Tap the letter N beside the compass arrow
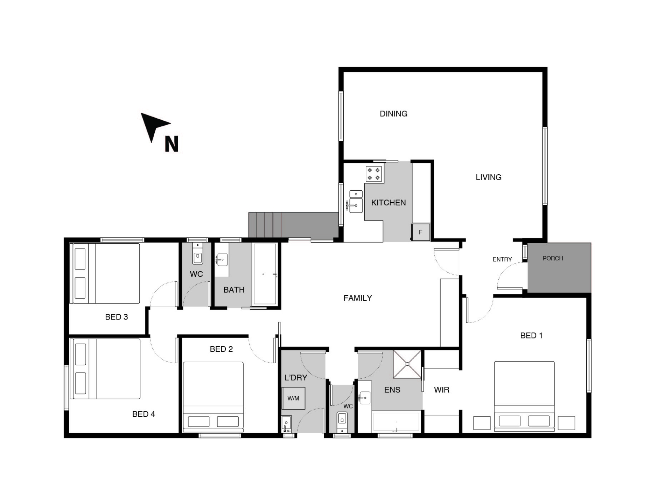171,144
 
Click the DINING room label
393,114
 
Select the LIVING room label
488,177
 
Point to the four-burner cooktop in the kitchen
374,174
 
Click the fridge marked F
421,232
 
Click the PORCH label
553,258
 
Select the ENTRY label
502,259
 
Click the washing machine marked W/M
293,398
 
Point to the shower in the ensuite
407,364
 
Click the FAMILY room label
358,298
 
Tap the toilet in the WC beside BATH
197,256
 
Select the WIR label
441,390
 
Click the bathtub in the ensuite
396,422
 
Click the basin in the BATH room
222,260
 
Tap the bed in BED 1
524,395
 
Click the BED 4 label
143,414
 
